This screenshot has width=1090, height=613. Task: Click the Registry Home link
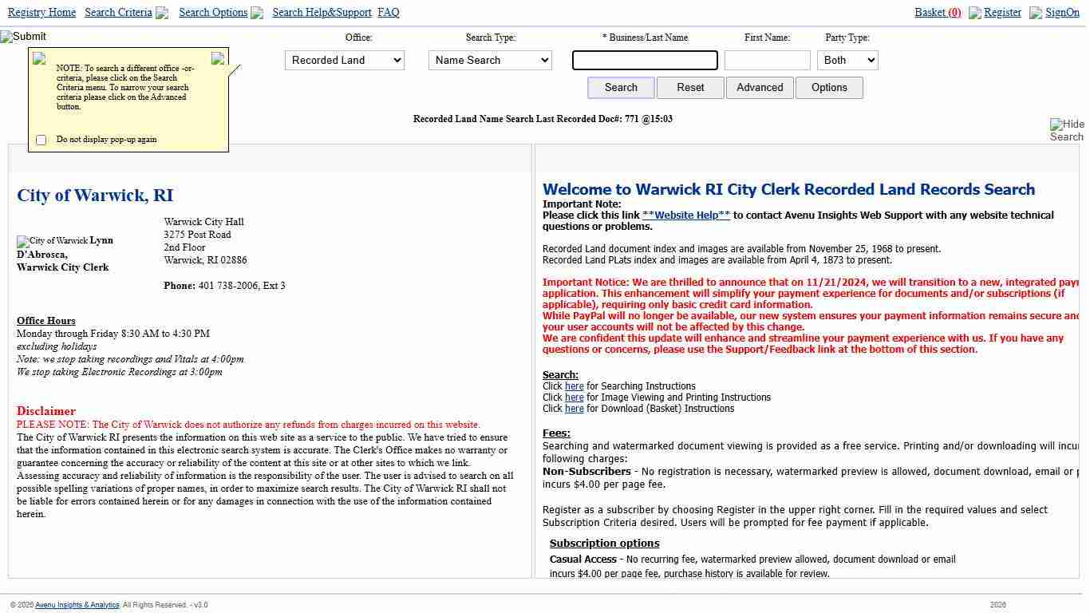click(41, 13)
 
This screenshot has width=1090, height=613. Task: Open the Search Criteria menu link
click(118, 13)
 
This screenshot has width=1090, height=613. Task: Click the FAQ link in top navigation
click(389, 13)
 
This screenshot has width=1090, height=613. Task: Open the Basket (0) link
click(938, 13)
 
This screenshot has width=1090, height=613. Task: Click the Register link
click(1002, 13)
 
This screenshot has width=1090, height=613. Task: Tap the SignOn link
click(1062, 13)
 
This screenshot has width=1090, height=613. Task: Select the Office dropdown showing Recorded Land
click(345, 61)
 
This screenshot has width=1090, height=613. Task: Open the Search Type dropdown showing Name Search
click(490, 61)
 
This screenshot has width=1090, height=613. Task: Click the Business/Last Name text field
click(645, 61)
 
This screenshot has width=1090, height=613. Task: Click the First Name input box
click(767, 61)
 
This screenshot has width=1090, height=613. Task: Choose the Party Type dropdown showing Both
click(847, 61)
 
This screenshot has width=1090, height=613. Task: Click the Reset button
click(690, 88)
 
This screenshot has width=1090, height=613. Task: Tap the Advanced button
click(760, 88)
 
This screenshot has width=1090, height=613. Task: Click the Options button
click(829, 88)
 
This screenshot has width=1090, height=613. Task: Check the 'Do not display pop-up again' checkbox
click(41, 140)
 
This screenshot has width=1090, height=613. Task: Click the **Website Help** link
click(686, 216)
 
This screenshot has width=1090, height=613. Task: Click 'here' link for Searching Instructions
click(575, 386)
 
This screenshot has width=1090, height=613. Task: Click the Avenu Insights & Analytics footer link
click(77, 605)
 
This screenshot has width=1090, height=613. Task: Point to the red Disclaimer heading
click(46, 412)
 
